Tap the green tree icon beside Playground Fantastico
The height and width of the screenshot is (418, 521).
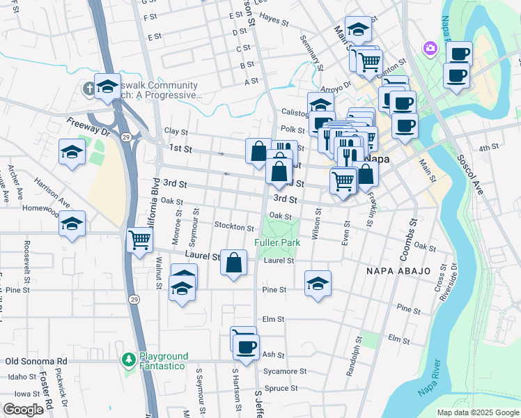pos(128,359)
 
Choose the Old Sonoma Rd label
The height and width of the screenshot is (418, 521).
pos(36,362)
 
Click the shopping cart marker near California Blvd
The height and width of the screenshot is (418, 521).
pos(140,240)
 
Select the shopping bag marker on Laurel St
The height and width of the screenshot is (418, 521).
pos(234,263)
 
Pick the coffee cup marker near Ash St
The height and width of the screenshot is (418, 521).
pos(245,346)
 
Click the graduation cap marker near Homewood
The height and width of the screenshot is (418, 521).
pos(72,224)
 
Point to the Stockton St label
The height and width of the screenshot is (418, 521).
pos(234,227)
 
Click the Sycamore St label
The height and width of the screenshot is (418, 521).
pos(285,371)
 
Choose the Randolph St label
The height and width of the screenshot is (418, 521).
pos(354,357)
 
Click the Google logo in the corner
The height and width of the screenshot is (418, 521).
pos(23,410)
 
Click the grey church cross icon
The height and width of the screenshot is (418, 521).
pos(89,88)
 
